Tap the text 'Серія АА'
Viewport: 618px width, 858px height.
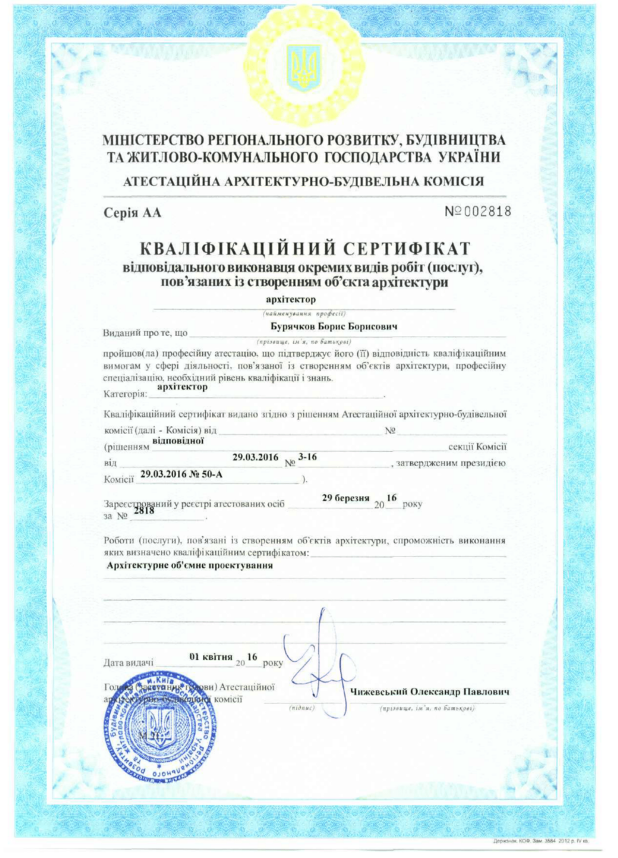click(132, 213)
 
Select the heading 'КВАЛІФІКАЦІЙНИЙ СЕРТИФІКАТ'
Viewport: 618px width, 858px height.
click(305, 248)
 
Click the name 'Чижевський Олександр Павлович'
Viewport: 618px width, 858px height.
click(430, 692)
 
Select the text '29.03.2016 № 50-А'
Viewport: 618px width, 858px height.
click(182, 474)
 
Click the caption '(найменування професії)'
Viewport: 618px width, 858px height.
click(305, 313)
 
